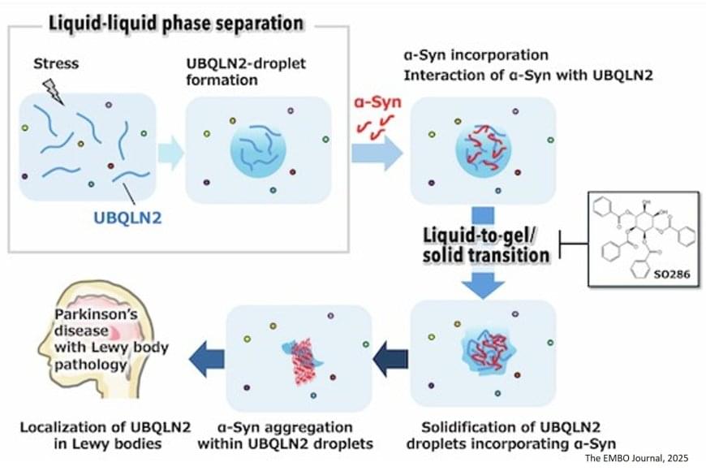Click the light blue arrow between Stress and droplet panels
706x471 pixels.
coord(170,152)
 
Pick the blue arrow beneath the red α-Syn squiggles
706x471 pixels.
coord(376,152)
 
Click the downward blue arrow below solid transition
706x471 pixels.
coord(484,282)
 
